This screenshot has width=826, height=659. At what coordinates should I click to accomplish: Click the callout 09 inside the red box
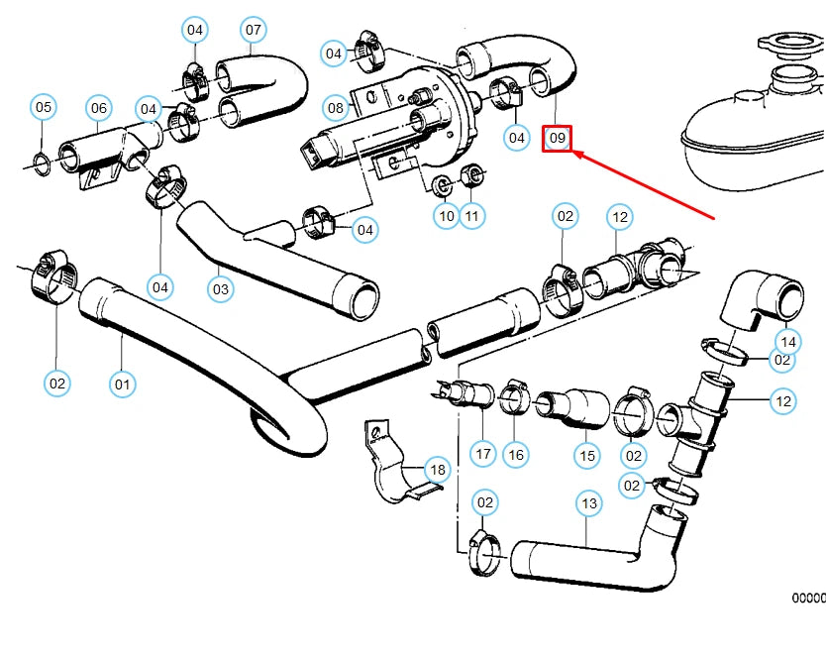[558, 139]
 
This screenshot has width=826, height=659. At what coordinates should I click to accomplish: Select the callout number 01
[122, 383]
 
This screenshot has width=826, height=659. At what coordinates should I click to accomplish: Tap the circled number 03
[220, 289]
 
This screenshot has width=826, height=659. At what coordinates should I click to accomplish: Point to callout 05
[44, 107]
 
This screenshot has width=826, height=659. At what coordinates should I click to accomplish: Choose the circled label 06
[98, 108]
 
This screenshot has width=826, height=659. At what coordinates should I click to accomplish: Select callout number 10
[446, 215]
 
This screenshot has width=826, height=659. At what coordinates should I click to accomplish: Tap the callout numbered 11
[472, 215]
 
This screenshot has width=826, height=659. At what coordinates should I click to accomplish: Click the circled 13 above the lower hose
[589, 503]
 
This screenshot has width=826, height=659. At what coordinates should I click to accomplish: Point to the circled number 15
[588, 455]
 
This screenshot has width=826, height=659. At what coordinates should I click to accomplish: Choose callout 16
[515, 455]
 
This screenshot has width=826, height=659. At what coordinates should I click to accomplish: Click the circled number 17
[482, 455]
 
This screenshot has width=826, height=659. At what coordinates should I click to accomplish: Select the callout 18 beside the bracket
[437, 469]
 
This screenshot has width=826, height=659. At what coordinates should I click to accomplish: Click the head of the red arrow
[577, 154]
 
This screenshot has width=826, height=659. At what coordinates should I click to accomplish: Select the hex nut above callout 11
[474, 176]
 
